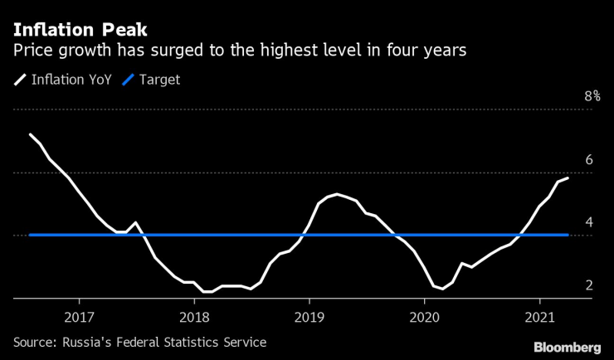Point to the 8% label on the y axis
(592, 96)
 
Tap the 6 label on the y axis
(588, 159)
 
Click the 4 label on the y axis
(588, 222)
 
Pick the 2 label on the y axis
(588, 285)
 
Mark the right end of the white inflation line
(568, 178)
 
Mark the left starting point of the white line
(31, 134)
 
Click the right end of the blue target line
(568, 235)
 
